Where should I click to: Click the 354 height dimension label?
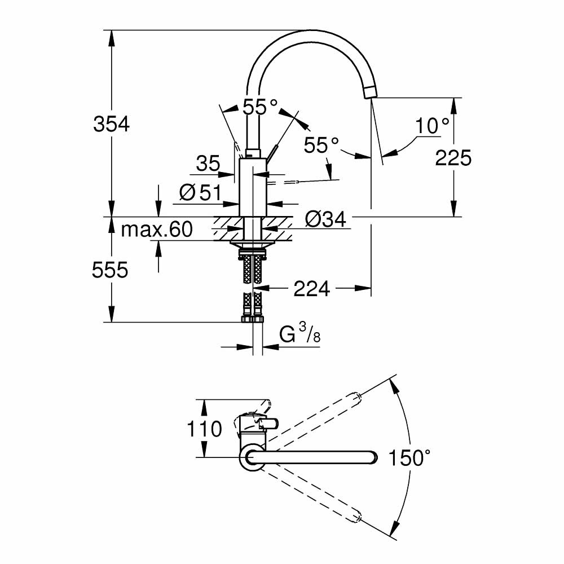[x=111, y=124]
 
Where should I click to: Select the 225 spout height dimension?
[x=453, y=158]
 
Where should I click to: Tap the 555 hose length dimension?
[x=110, y=271]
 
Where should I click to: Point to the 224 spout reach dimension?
[x=311, y=289]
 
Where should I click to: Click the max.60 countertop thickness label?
[x=157, y=230]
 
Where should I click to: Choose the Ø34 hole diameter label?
[x=325, y=219]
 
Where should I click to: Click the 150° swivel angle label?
[x=409, y=458]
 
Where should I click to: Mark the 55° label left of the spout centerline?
[x=321, y=146]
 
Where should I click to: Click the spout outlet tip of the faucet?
[x=369, y=93]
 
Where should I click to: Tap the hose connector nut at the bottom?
[x=252, y=319]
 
